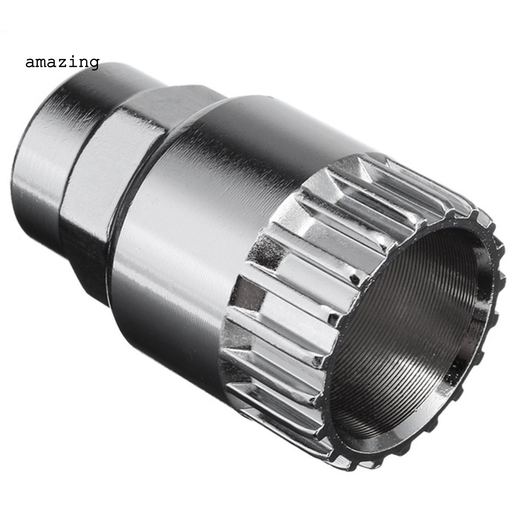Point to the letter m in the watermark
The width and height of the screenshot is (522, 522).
pyautogui.click(x=41, y=63)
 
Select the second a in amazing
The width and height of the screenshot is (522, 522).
pyautogui.click(x=52, y=63)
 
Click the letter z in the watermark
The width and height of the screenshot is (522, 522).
pyautogui.click(x=63, y=63)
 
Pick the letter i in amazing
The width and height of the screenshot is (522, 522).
pyautogui.click(x=73, y=62)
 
